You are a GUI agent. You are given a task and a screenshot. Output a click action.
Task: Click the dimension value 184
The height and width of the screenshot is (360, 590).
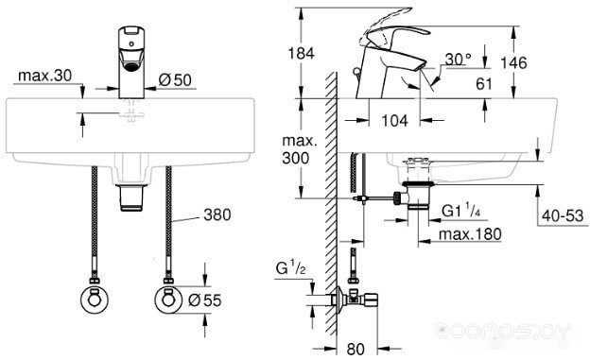(301, 54)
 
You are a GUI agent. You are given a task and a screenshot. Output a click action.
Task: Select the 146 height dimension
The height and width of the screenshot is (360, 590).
(513, 62)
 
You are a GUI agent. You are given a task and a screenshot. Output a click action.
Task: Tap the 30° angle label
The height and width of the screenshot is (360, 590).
(458, 60)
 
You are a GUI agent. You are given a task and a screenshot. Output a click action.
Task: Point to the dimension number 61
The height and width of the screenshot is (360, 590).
(484, 84)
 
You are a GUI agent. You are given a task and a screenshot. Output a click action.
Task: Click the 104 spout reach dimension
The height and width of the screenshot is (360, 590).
(394, 121)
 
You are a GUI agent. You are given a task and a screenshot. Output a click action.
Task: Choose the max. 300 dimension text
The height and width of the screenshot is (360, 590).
(300, 149)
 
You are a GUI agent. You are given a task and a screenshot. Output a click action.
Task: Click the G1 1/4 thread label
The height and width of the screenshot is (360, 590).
(461, 211)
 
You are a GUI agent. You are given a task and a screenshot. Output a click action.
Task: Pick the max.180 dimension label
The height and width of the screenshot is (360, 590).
(470, 234)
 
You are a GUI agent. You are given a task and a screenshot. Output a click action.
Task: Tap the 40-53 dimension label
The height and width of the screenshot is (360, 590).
(563, 216)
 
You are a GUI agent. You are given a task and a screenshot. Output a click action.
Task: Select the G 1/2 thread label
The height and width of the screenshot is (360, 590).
(290, 268)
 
